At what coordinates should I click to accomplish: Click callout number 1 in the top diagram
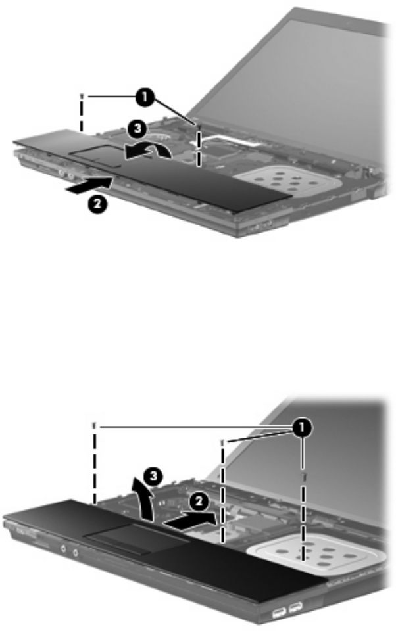(144, 98)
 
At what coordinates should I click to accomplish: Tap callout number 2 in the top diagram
(97, 203)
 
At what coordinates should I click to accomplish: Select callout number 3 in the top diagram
(137, 129)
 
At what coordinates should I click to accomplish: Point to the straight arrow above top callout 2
(90, 186)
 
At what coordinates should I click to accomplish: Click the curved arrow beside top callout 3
(148, 151)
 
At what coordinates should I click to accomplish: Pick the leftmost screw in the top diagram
(82, 97)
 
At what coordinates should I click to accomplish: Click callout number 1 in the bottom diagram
(302, 429)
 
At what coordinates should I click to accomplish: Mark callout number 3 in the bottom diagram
(153, 477)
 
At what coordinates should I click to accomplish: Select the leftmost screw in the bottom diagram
(94, 425)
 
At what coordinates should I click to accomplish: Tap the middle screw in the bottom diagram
(222, 443)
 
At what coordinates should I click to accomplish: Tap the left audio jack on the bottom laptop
(63, 548)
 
